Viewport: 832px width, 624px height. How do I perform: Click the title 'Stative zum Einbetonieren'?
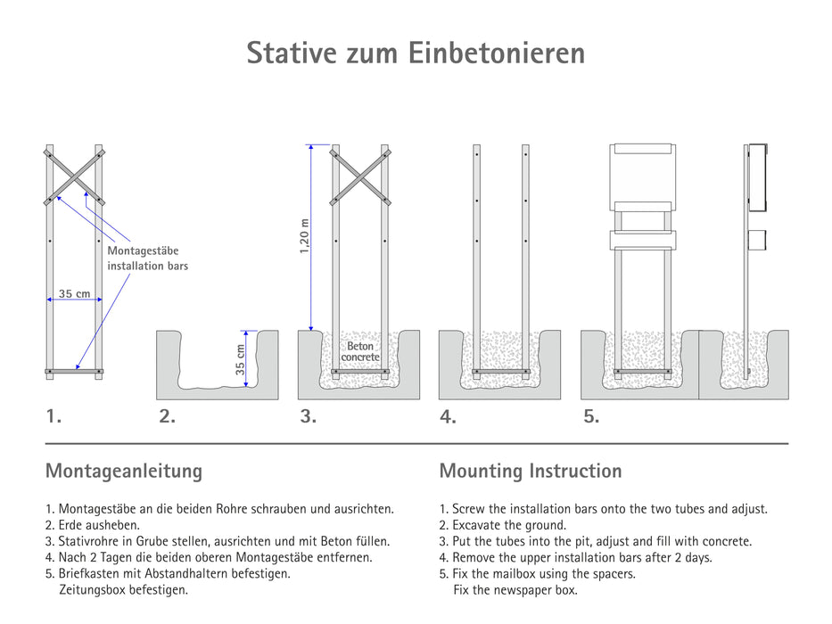pyautogui.click(x=416, y=53)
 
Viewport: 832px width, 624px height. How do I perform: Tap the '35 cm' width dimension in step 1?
pyautogui.click(x=75, y=294)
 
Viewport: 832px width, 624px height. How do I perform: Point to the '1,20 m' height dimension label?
pyautogui.click(x=305, y=237)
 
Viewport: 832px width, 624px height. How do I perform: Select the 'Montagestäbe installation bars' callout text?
pyautogui.click(x=147, y=259)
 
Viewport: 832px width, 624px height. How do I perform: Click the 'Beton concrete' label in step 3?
pyautogui.click(x=360, y=351)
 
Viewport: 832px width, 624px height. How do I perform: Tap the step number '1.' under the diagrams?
pyautogui.click(x=54, y=415)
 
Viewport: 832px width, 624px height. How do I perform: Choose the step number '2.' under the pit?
pyautogui.click(x=167, y=415)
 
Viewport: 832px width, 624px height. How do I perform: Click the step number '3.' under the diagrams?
pyautogui.click(x=308, y=415)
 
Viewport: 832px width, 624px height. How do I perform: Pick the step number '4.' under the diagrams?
pyautogui.click(x=448, y=416)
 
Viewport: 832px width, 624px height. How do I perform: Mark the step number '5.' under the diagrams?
pyautogui.click(x=590, y=415)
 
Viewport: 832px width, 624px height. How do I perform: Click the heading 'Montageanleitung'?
pyautogui.click(x=124, y=471)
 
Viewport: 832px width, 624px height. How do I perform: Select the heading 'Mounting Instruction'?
pyautogui.click(x=531, y=471)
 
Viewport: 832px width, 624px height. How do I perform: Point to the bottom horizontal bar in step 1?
pyautogui.click(x=74, y=370)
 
